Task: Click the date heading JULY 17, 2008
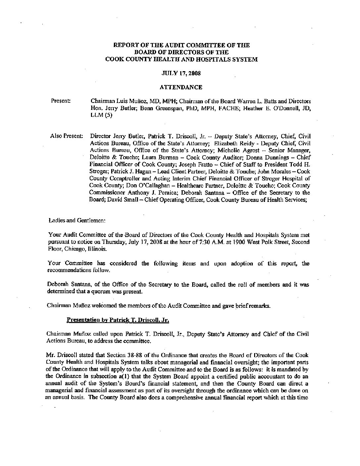click(180, 73)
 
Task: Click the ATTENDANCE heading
click(181, 87)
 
